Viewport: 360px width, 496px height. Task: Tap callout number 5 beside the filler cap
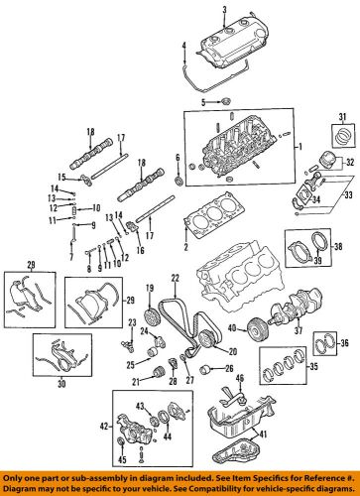click(203, 102)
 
